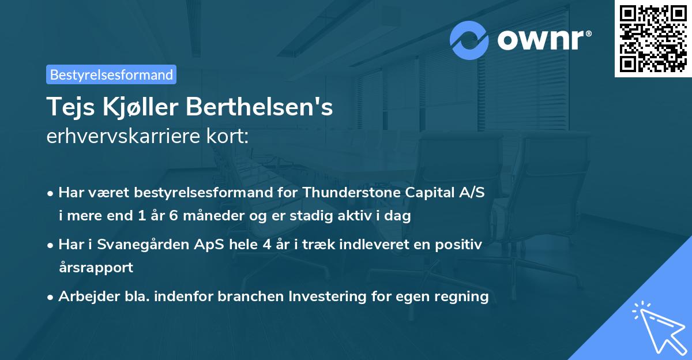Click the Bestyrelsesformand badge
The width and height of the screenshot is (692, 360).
coord(111,74)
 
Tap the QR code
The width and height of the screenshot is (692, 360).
coord(653,39)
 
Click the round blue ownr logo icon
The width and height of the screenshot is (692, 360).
coord(470,39)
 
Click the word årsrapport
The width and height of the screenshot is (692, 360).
coord(96,268)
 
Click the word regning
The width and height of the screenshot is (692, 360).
coord(464,297)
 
